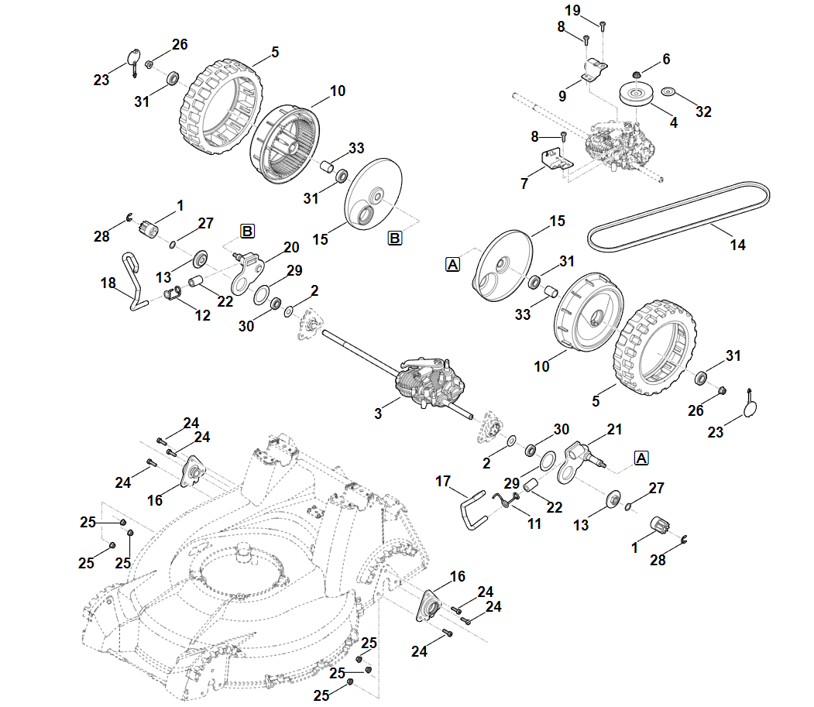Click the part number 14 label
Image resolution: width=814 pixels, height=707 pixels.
(x=737, y=245)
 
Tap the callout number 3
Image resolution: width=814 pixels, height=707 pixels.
(x=378, y=414)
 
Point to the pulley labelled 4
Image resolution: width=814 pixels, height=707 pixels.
(x=637, y=97)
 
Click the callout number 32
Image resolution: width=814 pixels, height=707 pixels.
(x=703, y=112)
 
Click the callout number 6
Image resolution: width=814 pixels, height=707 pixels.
(x=665, y=60)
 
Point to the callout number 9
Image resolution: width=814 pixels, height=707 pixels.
(x=563, y=96)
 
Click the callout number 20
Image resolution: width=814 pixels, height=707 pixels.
(x=290, y=247)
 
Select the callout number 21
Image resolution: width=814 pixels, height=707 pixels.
(x=614, y=428)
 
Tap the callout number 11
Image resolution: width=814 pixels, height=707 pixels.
(x=534, y=523)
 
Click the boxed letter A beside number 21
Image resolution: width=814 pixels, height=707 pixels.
(x=641, y=458)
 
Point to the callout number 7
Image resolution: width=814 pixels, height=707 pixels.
(x=525, y=184)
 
